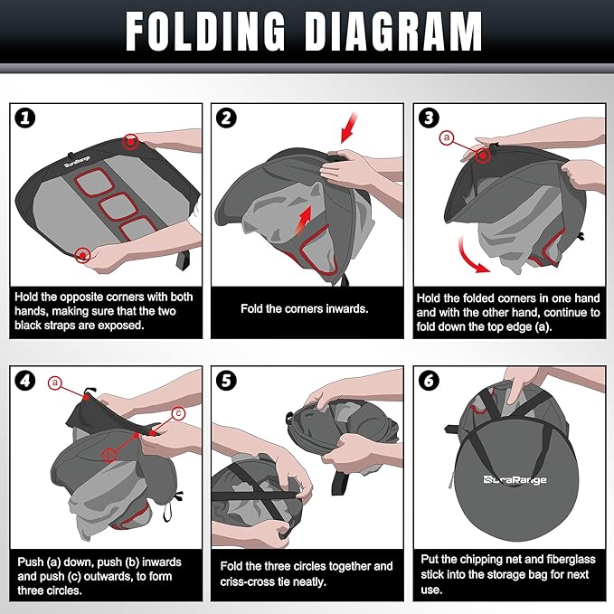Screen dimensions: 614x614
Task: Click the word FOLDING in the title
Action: (205, 32)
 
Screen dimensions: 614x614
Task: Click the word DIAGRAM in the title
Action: (393, 32)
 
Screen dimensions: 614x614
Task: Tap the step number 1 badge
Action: (25, 118)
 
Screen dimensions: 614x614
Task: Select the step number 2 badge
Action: (226, 118)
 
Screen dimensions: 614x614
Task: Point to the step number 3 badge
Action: (429, 118)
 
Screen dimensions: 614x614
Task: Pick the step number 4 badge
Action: (25, 380)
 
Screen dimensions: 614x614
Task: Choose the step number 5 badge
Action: (226, 380)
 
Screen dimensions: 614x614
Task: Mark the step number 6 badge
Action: (429, 380)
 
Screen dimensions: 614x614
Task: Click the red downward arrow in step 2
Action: (349, 128)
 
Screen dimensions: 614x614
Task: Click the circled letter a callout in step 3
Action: (447, 137)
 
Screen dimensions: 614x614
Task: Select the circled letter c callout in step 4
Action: (178, 413)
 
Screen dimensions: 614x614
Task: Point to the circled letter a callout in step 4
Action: (55, 383)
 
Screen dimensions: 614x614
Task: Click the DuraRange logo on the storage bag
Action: (515, 479)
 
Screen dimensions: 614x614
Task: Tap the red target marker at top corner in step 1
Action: (130, 142)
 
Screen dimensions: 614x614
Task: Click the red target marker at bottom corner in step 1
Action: (82, 256)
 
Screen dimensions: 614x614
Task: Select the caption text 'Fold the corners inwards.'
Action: (304, 309)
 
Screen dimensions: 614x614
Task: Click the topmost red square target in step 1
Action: (94, 181)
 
